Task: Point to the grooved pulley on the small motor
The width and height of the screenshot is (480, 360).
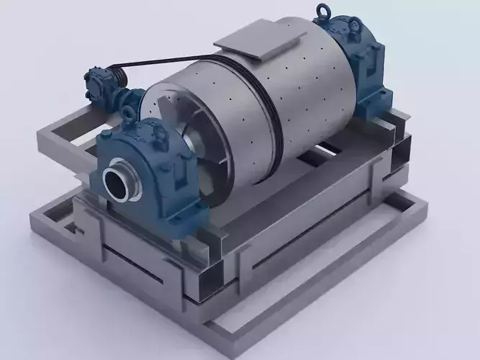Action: (116, 75)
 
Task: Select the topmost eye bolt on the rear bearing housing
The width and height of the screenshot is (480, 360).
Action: (322, 12)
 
